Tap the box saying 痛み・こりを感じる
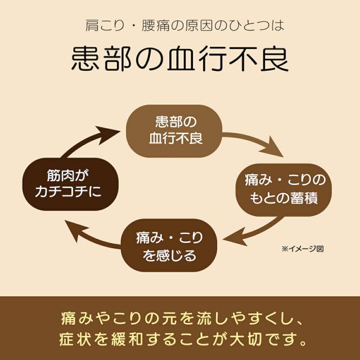(x=170, y=247)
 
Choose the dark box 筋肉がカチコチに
(x=70, y=183)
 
